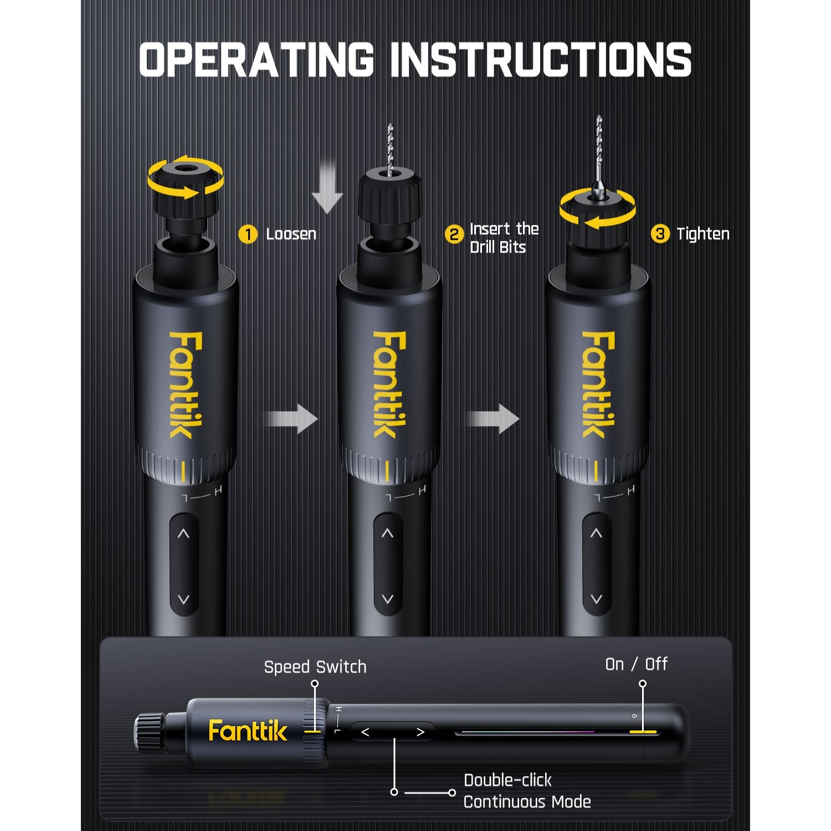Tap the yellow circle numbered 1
point(248,234)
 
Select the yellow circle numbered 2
point(454,234)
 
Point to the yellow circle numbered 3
point(659,234)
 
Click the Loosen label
point(291,234)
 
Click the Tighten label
point(702,234)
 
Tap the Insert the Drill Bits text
point(504,238)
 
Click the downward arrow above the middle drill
point(327,187)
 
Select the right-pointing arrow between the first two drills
point(291,419)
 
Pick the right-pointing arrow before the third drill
point(493,419)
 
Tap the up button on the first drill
point(183,534)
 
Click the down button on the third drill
point(596,599)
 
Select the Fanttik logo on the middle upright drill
point(389,384)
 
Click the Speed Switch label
point(315,667)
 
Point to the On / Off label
point(636,664)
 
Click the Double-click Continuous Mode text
point(526,791)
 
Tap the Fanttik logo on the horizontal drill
point(248,731)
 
